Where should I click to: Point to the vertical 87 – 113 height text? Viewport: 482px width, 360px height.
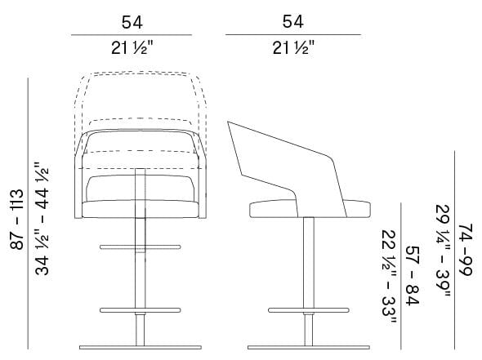[x=15, y=218]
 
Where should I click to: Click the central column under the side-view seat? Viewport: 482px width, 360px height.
[x=308, y=261]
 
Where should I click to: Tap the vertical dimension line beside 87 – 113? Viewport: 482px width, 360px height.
[x=29, y=218]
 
